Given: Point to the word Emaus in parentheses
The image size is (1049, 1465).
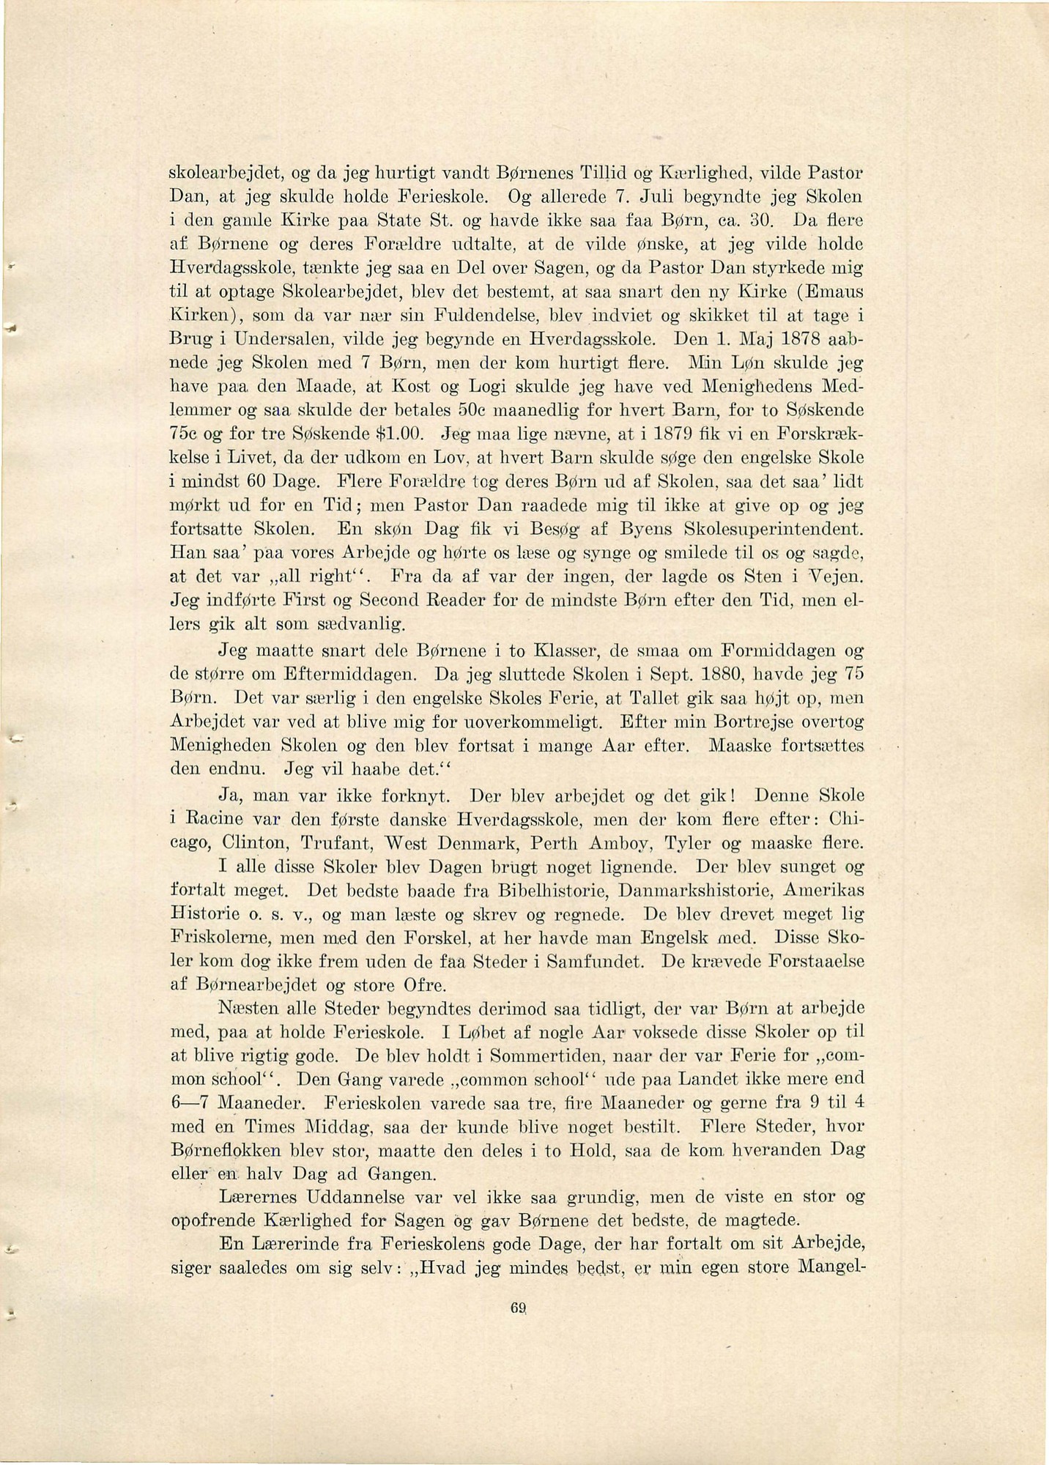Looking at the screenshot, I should tap(834, 294).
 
